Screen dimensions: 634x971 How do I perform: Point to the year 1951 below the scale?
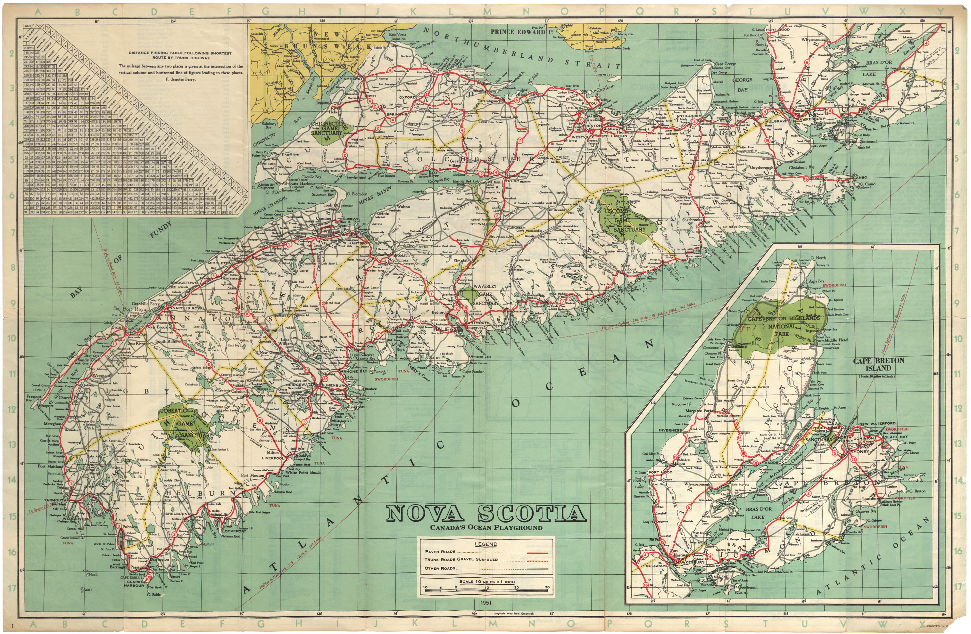(x=486, y=602)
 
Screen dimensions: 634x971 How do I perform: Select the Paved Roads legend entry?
(x=440, y=551)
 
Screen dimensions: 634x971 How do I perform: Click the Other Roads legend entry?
(x=440, y=568)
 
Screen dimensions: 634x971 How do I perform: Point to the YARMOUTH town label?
(x=55, y=500)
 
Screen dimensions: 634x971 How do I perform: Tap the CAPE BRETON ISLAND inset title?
(x=878, y=364)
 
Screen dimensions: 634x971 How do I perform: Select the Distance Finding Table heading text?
(x=180, y=55)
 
